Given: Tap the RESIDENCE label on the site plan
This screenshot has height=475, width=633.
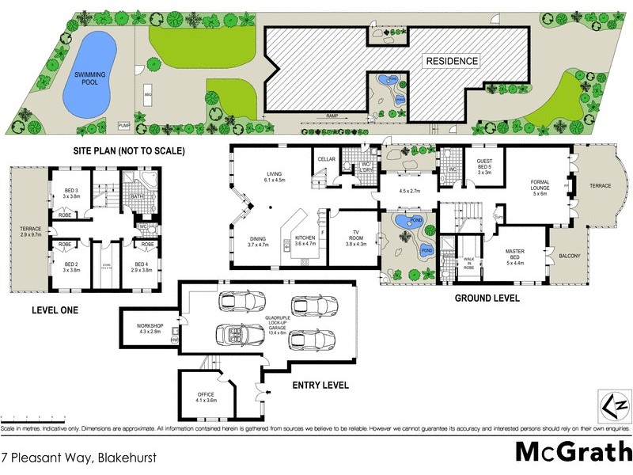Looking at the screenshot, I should [x=453, y=61].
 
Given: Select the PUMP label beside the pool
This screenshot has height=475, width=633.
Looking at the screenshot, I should [x=123, y=125].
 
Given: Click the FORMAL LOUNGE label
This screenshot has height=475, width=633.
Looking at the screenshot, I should [x=540, y=187].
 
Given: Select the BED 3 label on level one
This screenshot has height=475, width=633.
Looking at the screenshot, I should [x=72, y=194].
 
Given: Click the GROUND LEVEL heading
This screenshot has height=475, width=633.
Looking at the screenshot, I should [x=487, y=298].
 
